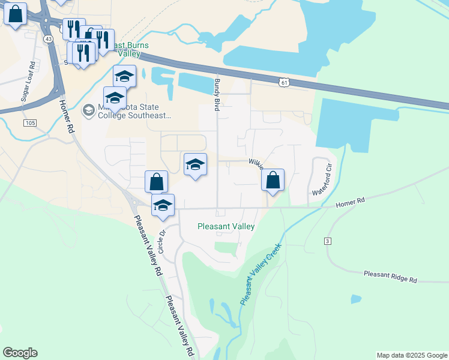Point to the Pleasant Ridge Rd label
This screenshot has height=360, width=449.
coord(390,276)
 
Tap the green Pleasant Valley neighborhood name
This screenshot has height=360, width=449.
coord(226,227)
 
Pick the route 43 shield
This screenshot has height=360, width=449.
coord(48,38)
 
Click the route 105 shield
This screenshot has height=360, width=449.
coord(31,123)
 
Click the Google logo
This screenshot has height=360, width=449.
coord(20,353)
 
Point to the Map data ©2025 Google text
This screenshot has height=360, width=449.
coord(412,355)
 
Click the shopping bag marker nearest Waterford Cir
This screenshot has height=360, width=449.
coord(273,180)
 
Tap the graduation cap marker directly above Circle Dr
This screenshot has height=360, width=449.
coord(162,205)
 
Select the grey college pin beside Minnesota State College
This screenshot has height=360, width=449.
coord(88,110)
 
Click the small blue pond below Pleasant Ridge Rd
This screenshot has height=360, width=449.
coord(356,298)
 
